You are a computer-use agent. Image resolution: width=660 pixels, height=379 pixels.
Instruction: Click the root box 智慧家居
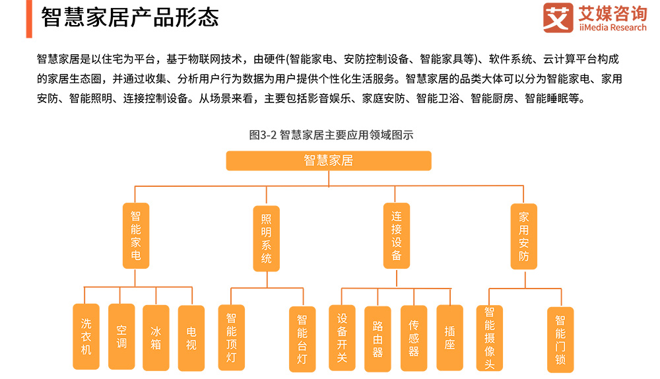(329, 160)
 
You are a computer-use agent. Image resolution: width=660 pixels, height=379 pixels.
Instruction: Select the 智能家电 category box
(136, 235)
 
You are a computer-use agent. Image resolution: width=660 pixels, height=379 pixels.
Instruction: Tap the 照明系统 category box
(267, 238)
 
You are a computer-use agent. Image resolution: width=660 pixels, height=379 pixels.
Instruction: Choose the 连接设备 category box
(396, 235)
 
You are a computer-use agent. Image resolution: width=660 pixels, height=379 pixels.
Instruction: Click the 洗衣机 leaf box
(86, 337)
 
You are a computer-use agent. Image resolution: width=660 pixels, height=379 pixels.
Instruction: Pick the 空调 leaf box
(121, 336)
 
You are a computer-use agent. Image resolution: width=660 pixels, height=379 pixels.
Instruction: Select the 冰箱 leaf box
(156, 337)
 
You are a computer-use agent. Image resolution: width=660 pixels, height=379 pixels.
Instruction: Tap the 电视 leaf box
(191, 337)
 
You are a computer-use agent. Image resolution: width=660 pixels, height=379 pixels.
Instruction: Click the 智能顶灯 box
(231, 337)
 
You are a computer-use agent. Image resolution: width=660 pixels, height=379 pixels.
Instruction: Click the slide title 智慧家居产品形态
(129, 17)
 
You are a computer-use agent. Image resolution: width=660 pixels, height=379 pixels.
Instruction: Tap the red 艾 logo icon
(558, 18)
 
